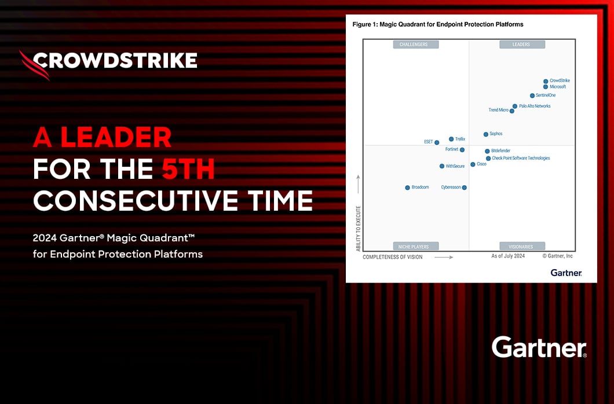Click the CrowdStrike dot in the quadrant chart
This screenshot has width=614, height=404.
pyautogui.click(x=546, y=82)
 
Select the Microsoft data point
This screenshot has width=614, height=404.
pyautogui.click(x=546, y=87)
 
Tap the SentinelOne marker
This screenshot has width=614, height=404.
pyautogui.click(x=532, y=96)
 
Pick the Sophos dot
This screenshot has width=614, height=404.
pyautogui.click(x=486, y=134)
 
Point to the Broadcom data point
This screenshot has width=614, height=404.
pyautogui.click(x=407, y=188)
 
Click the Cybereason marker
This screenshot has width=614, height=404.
pyautogui.click(x=465, y=188)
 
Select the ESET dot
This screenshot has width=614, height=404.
pyautogui.click(x=437, y=142)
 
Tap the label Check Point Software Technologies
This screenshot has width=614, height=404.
pyautogui.click(x=521, y=158)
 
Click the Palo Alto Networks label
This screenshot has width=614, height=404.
pyautogui.click(x=535, y=106)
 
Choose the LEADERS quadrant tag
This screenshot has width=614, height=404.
pyautogui.click(x=521, y=45)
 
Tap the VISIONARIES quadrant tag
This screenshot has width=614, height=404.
pyautogui.click(x=521, y=247)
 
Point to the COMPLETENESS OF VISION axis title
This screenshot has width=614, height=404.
pyautogui.click(x=393, y=257)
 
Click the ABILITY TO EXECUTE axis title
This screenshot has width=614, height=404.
pyautogui.click(x=359, y=228)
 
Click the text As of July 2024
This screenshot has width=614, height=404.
pyautogui.click(x=508, y=256)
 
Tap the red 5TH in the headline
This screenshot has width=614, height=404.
pyautogui.click(x=188, y=169)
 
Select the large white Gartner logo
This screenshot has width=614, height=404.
pyautogui.click(x=539, y=347)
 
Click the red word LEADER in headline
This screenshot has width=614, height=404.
pyautogui.click(x=116, y=137)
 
